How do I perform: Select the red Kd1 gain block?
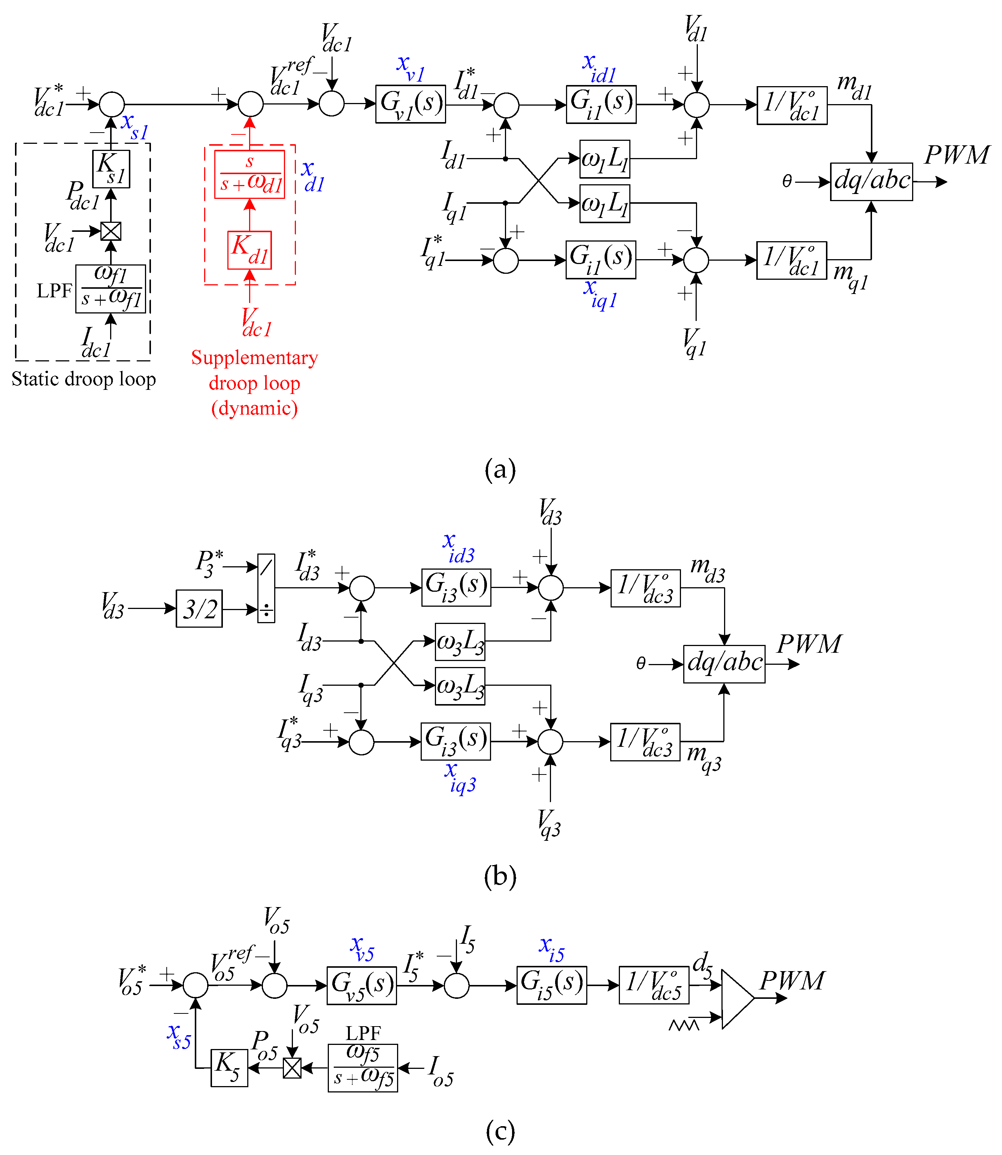tap(249, 250)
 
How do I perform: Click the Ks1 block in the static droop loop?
tap(111, 169)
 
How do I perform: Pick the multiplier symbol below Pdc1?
tap(111, 231)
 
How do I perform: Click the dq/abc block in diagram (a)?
tap(871, 182)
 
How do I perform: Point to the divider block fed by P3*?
tap(266, 588)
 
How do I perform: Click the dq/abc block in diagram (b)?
tap(724, 664)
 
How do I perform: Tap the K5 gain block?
tap(229, 1068)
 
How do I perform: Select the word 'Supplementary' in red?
tap(254, 358)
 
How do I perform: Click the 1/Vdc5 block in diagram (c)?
tap(654, 985)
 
